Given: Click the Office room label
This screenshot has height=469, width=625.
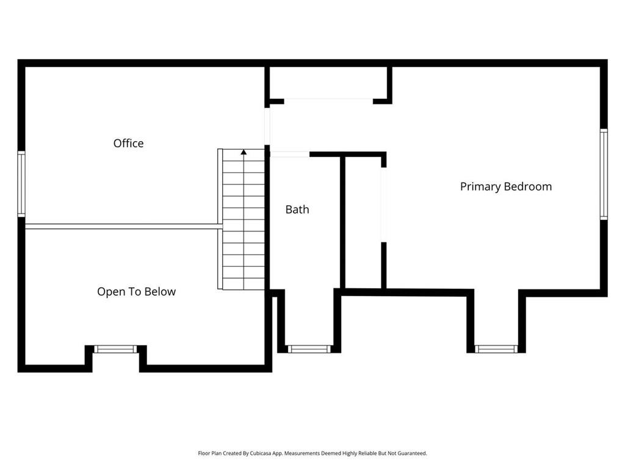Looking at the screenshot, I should tap(128, 144).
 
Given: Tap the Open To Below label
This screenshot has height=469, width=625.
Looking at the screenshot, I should tap(136, 292).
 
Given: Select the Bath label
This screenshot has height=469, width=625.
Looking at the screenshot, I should tap(297, 209).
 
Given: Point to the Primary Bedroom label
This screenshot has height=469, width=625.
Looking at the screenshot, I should tap(505, 187).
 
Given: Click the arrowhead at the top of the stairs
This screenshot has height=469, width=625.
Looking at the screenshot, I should tap(244, 151).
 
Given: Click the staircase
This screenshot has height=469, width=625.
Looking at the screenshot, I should tap(244, 220).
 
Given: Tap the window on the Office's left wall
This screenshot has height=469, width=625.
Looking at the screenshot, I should tap(21, 184).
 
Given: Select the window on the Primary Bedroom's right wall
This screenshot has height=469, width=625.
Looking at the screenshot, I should tap(603, 175).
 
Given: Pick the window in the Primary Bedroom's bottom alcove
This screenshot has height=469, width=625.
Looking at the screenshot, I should tap(496, 349).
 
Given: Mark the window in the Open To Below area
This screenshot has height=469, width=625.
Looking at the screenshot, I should tap(115, 349).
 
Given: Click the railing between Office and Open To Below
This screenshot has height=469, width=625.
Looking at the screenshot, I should tap(122, 227).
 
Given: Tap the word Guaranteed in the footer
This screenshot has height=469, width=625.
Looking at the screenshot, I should tap(410, 453).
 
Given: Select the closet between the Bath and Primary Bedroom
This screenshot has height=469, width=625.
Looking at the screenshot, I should tap(363, 223).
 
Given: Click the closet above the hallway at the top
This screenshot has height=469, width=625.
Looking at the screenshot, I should tap(328, 82).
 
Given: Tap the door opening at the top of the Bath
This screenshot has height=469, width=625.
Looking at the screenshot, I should tap(290, 155).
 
